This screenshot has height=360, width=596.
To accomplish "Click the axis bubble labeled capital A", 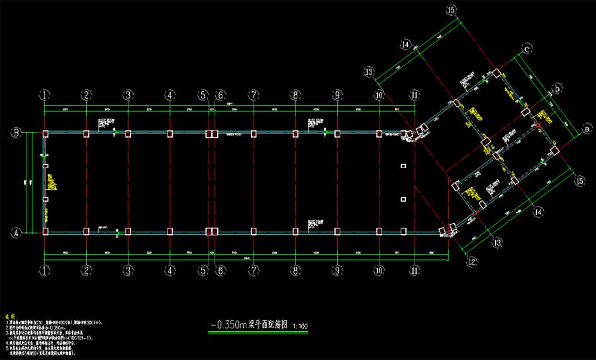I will tap(16, 233).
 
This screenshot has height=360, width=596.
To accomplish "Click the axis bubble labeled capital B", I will tap(16, 133).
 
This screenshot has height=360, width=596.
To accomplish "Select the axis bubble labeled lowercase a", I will tap(586, 130).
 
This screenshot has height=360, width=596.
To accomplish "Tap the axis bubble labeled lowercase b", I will tap(558, 87).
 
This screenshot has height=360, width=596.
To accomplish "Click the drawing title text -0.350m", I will tap(228, 325).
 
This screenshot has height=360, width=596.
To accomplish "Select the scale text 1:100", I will tap(299, 326).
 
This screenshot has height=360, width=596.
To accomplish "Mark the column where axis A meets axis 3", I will tap(128, 232).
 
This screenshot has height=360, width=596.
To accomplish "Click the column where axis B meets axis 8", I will tap(295, 134).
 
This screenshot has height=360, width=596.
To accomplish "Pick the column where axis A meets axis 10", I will tap(379, 232).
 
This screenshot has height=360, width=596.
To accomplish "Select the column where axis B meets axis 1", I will tap(45, 134).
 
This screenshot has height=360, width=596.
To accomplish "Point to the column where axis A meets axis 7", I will tap(253, 232).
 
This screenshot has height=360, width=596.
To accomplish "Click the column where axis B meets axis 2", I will tap(86, 134).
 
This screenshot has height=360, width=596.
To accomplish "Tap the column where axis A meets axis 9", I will tap(337, 232).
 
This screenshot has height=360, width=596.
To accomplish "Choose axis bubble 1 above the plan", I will tap(44, 95).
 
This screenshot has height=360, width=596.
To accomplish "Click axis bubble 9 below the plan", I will tap(337, 270).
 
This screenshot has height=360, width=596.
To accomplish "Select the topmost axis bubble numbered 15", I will tap(452, 10).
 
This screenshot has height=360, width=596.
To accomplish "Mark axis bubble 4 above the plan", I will tap(170, 95).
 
